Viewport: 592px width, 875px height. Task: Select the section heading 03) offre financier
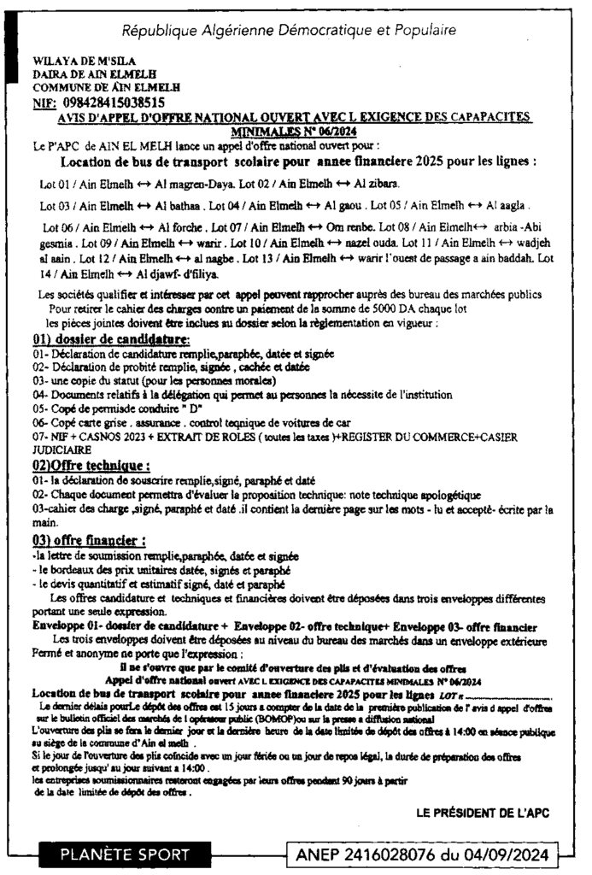[89, 540]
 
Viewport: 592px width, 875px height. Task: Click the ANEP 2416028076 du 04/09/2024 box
[424, 853]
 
